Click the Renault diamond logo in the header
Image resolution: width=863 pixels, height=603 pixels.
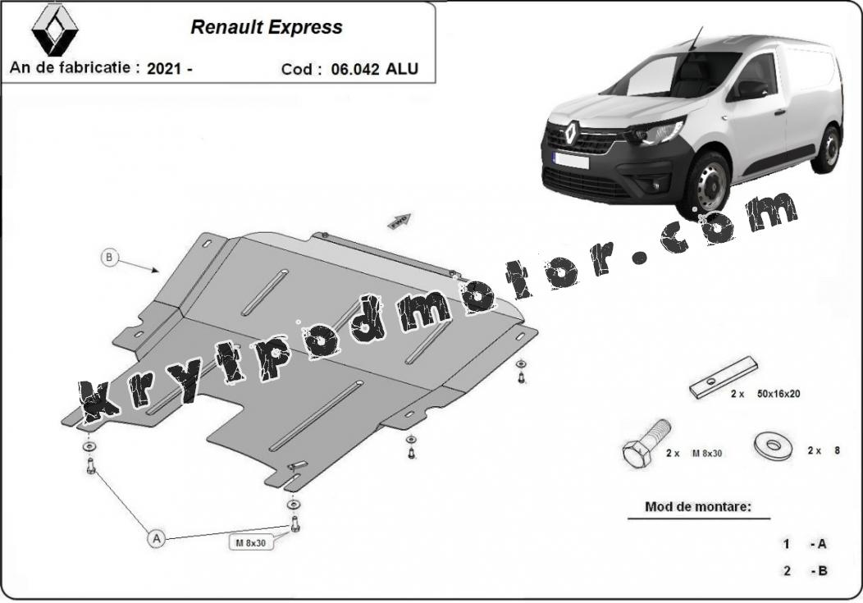pos(54,30)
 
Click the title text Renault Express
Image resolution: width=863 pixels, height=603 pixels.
pos(267,27)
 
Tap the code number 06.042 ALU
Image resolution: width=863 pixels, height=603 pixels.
pos(374,69)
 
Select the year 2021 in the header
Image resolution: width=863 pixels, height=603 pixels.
pos(164,68)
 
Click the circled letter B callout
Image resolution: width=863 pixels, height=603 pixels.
pos(109,257)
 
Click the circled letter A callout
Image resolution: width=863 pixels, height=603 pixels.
pos(157,538)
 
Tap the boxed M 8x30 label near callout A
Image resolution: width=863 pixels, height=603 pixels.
pos(251,542)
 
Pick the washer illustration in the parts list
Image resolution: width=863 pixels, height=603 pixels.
pos(774,445)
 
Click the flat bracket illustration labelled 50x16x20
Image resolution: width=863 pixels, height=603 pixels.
pos(724,377)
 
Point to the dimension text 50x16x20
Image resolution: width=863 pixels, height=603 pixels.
pos(779,394)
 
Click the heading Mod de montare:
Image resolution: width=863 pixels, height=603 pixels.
pos(698,506)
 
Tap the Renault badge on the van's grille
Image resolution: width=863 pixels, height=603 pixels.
pos(570,132)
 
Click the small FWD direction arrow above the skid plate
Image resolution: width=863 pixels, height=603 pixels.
pos(399,221)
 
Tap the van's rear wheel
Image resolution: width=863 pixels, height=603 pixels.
pos(827,149)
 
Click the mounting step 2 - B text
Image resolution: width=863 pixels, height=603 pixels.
pos(806,570)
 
